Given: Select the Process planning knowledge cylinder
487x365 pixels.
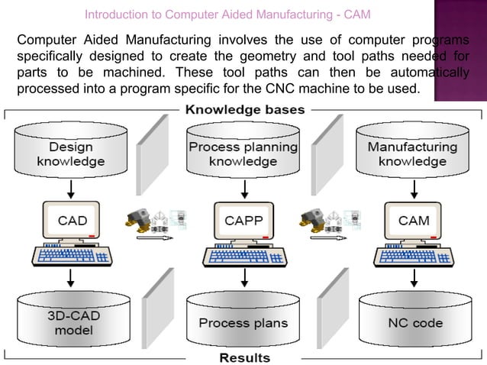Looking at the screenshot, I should pos(243,153).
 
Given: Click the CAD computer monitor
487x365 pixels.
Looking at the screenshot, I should pos(73,221).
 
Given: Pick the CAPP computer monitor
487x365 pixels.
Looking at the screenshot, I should pos(243,221).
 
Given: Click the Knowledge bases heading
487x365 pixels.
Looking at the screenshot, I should pos(243,110).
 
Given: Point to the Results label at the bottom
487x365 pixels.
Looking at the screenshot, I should pos(244,357).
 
